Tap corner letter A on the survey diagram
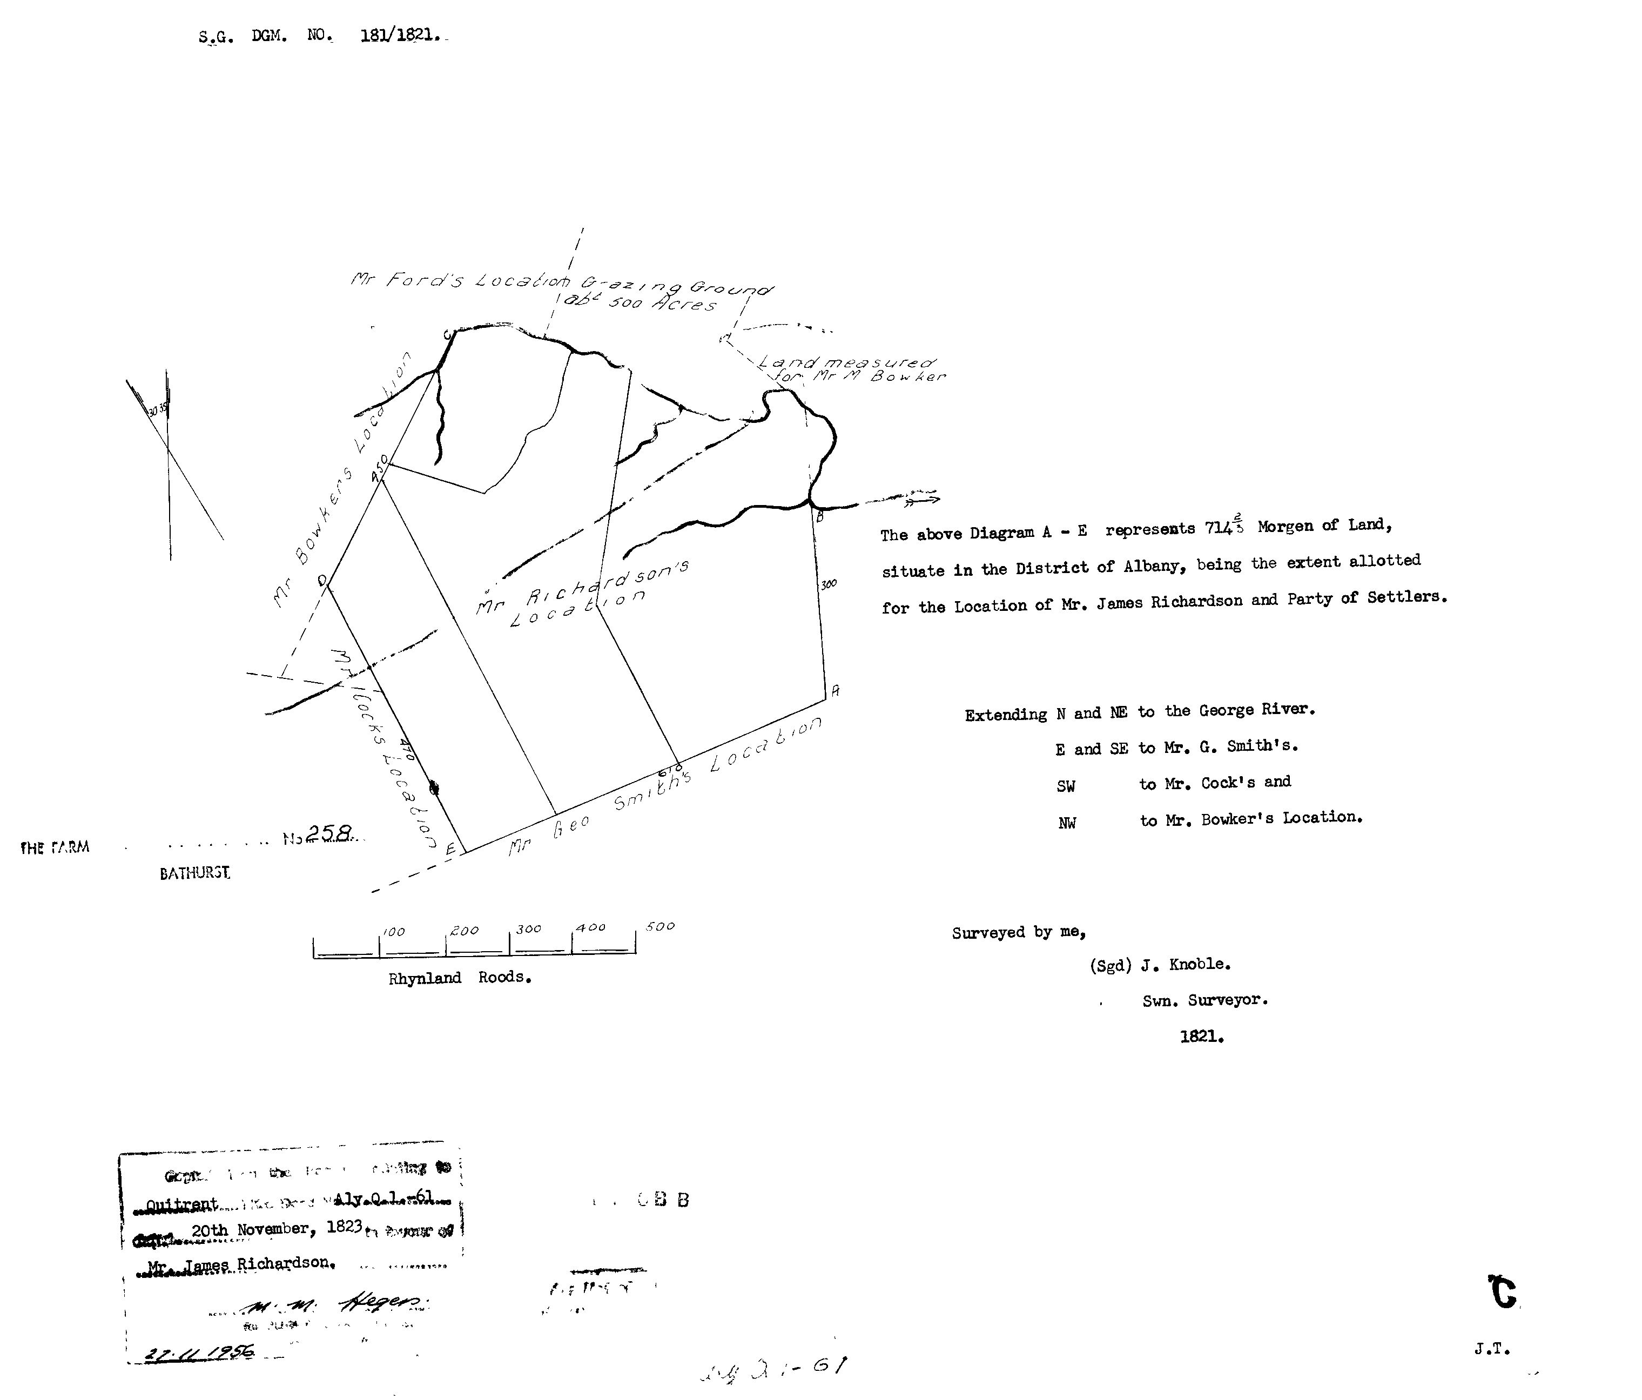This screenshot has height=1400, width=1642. [835, 691]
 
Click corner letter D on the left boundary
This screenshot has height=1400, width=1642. [322, 582]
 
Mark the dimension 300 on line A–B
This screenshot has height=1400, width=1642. [828, 585]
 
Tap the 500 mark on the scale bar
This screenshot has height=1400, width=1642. [660, 926]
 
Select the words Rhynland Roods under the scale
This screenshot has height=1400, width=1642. [460, 978]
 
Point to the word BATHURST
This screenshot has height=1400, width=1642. [195, 873]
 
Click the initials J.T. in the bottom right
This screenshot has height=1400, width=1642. [1492, 1349]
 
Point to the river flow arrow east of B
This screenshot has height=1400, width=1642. [921, 499]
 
